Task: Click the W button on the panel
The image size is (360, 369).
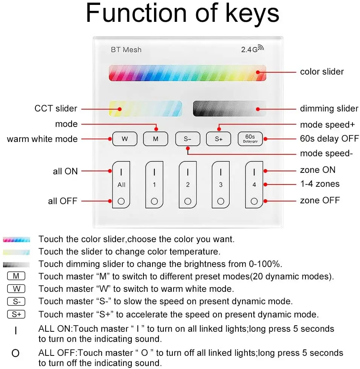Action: pyautogui.click(x=124, y=139)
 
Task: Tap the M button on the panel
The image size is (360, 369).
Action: pyautogui.click(x=156, y=139)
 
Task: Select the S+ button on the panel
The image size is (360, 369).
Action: pyautogui.click(x=218, y=139)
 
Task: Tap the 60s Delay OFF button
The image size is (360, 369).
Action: pyautogui.click(x=250, y=139)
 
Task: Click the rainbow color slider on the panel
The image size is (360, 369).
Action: pyautogui.click(x=187, y=73)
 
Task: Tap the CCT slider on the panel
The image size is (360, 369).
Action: pyautogui.click(x=145, y=108)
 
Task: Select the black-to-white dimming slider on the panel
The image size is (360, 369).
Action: pyautogui.click(x=229, y=108)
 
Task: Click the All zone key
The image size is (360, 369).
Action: pyautogui.click(x=121, y=184)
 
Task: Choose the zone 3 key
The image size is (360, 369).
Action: pyautogui.click(x=221, y=184)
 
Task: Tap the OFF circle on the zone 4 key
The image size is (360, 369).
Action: pyautogui.click(x=254, y=201)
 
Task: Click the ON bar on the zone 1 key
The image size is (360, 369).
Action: pyautogui.click(x=154, y=172)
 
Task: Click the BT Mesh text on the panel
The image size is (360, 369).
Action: pyautogui.click(x=126, y=49)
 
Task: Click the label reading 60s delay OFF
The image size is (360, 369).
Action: pyautogui.click(x=329, y=139)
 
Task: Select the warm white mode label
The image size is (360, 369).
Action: pyautogui.click(x=42, y=139)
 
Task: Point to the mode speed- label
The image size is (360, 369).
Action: pyautogui.click(x=326, y=154)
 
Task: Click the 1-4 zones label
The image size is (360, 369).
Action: pyautogui.click(x=319, y=184)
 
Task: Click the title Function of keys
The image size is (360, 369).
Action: pyautogui.click(x=183, y=14)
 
